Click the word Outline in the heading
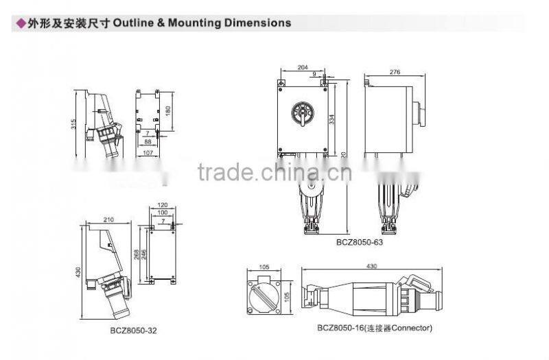(x=134, y=23)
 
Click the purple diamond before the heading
(x=20, y=23)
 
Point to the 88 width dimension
(x=147, y=142)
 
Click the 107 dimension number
(x=146, y=152)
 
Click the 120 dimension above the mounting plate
(x=163, y=205)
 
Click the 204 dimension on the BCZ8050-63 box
(x=302, y=68)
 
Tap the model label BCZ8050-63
(x=358, y=241)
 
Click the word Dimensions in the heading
(x=255, y=23)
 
